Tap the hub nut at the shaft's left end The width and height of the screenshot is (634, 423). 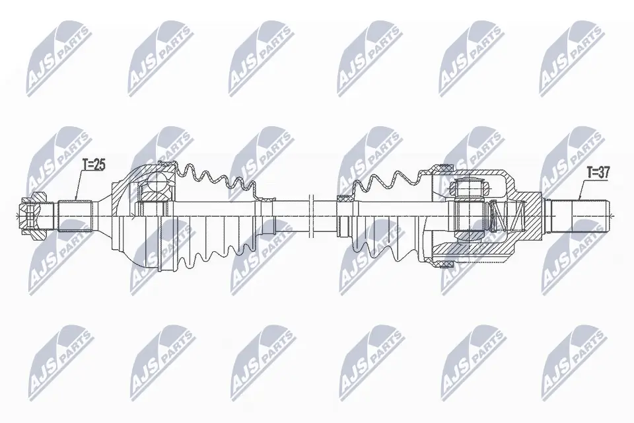click(31, 213)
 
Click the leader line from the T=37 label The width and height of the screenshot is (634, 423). click(581, 189)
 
